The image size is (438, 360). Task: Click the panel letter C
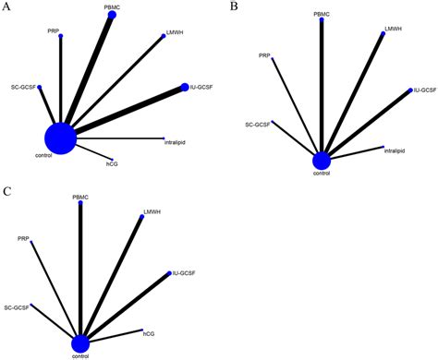coord(6,191)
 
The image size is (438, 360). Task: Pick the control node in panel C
coord(81,342)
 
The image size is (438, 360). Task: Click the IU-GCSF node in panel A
coord(184,88)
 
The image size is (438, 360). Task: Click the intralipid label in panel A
coord(176,142)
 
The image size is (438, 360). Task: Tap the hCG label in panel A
coord(113,164)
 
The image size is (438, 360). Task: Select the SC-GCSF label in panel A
coord(23,88)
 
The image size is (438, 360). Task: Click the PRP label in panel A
coord(54,31)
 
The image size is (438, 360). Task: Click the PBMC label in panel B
coord(322,15)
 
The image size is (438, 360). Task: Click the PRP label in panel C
coord(23,239)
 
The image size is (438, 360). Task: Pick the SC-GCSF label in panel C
coord(17,306)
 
